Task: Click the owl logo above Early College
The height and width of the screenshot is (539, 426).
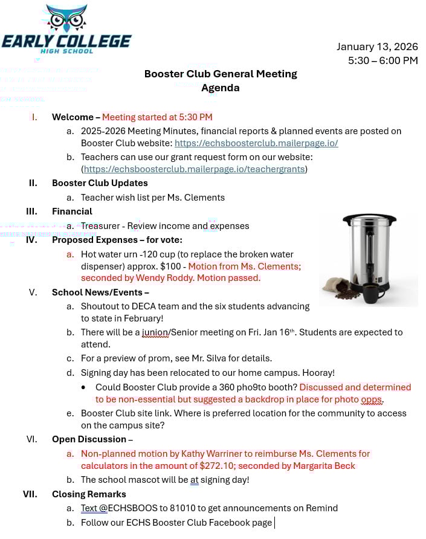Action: pos(67,19)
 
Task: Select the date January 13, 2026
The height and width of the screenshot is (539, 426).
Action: pos(377,47)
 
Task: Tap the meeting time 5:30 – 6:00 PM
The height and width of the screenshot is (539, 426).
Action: pos(382,60)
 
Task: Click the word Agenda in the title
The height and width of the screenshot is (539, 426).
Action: pos(221,88)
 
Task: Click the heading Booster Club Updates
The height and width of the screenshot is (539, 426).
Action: pos(100,183)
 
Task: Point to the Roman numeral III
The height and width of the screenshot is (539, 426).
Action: pos(31,211)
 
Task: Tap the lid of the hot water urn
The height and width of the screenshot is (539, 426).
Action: pos(369,218)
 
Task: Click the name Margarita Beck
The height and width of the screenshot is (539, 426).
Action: pos(324,465)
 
